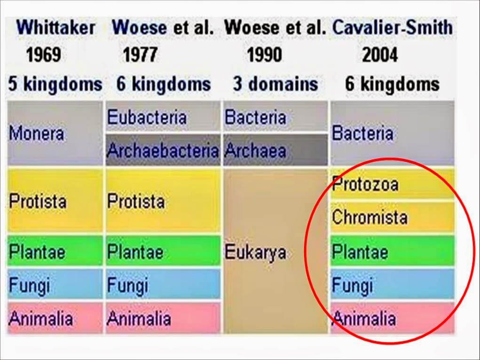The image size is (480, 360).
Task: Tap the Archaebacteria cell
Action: [x=163, y=150]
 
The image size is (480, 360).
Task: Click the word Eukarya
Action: [x=255, y=252]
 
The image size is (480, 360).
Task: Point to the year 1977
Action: [x=140, y=55]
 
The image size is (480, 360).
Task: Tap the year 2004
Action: [x=379, y=55]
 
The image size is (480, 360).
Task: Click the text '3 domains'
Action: [x=275, y=85]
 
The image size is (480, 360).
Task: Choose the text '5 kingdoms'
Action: [x=55, y=85]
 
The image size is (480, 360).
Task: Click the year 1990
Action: [x=264, y=55]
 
